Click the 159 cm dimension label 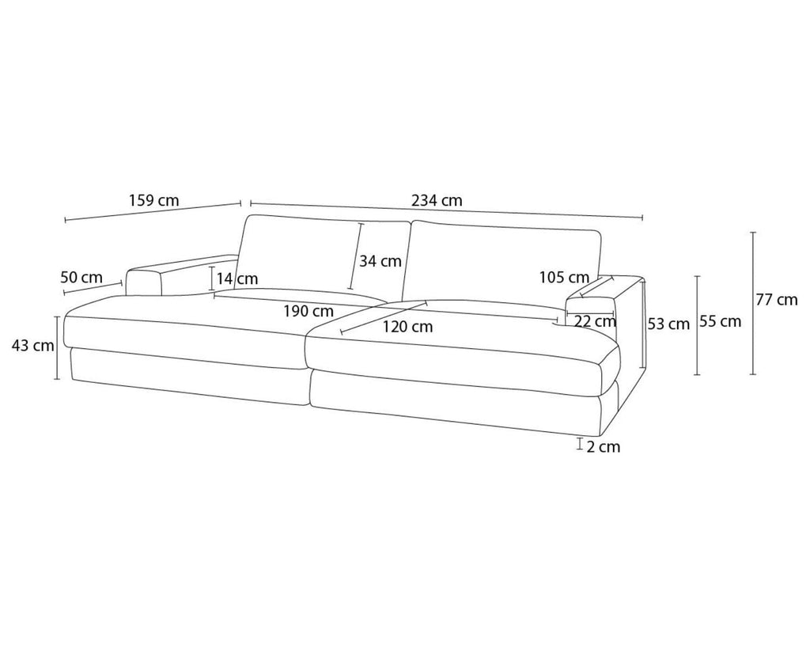pos(153,200)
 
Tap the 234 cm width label pos(437,201)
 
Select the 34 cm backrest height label pos(380,260)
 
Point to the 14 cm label pos(237,279)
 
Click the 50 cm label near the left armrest pos(81,277)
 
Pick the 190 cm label pos(308,311)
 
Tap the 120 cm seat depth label pos(407,326)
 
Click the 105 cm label pos(563,277)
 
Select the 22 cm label pos(595,321)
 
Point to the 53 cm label pos(668,324)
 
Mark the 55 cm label pos(721,321)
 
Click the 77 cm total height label pos(776,300)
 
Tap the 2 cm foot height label pos(603,447)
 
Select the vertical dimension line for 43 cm pos(58,347)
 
